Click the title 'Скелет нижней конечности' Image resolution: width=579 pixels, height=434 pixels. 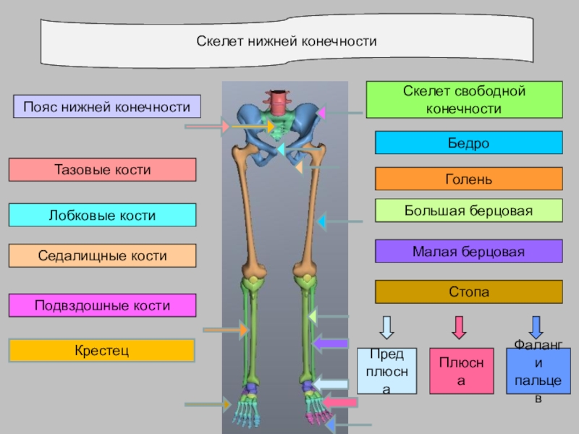coord(287,42)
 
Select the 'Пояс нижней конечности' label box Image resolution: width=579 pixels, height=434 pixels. coord(106,107)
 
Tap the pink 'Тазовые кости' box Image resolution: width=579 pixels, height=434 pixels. coord(102,170)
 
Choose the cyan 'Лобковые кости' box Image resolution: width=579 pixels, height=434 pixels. coord(102,216)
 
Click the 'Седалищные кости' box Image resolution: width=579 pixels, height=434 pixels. coord(102,256)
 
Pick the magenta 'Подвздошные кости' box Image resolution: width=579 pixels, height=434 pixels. coord(102,305)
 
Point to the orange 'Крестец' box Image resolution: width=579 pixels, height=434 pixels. coord(102,351)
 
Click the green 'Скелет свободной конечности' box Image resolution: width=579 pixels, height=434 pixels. coord(464,100)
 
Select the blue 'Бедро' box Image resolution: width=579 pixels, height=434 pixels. coord(468,142)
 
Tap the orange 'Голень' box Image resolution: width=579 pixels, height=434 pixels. coord(468,179)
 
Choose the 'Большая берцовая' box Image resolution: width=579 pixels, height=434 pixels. coord(468,210)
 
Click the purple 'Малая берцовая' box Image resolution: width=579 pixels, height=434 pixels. coord(468,251)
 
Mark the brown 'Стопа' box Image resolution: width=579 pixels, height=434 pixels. coord(468,292)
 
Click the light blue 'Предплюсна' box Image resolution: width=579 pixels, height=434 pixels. coord(387,371)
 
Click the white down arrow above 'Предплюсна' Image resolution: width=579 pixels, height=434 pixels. coord(387,327)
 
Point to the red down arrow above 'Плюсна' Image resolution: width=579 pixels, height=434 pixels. coord(458,327)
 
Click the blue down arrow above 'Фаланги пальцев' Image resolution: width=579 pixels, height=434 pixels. coord(536,327)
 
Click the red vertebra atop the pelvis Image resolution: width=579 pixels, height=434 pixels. coord(277,100)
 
